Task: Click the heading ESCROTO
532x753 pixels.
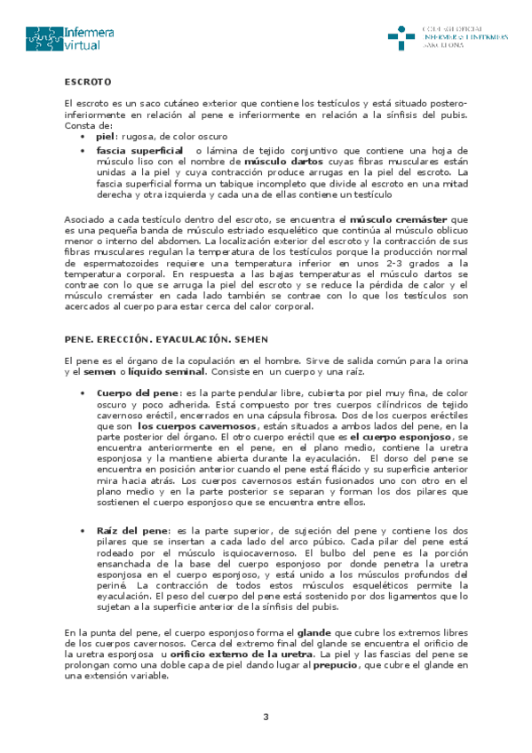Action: click(x=87, y=82)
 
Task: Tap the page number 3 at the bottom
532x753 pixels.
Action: click(x=266, y=717)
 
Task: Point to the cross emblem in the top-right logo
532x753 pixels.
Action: click(x=401, y=38)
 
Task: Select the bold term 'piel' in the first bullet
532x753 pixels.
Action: click(x=106, y=138)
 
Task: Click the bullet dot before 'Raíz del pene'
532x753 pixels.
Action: click(x=83, y=530)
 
